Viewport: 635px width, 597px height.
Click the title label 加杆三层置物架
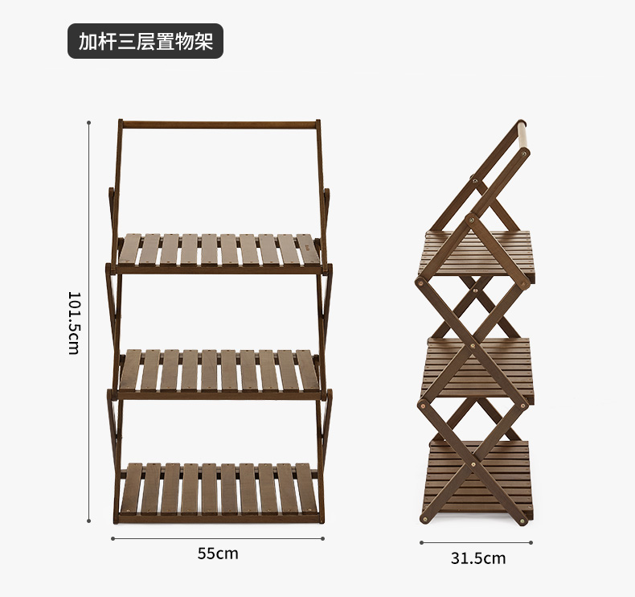[145, 41]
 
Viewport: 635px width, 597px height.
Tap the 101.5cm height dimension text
[74, 323]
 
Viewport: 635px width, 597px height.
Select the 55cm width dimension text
[218, 554]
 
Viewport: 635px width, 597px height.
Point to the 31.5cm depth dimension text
[478, 558]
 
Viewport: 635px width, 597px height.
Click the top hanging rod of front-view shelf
[219, 126]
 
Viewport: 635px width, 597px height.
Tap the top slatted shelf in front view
[217, 251]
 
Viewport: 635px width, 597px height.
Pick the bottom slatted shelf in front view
[217, 488]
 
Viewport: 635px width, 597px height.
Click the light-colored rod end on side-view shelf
[522, 137]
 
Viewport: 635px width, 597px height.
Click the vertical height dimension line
[88, 322]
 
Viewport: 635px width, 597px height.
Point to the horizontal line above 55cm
[218, 538]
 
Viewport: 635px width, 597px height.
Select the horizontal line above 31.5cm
[477, 542]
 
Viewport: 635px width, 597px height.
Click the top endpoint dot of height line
[88, 123]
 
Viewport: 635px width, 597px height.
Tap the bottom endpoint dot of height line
[88, 521]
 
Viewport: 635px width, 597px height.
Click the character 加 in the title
[87, 41]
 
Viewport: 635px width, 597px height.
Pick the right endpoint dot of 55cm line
[325, 538]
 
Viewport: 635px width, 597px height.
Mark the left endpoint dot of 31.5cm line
[421, 542]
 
